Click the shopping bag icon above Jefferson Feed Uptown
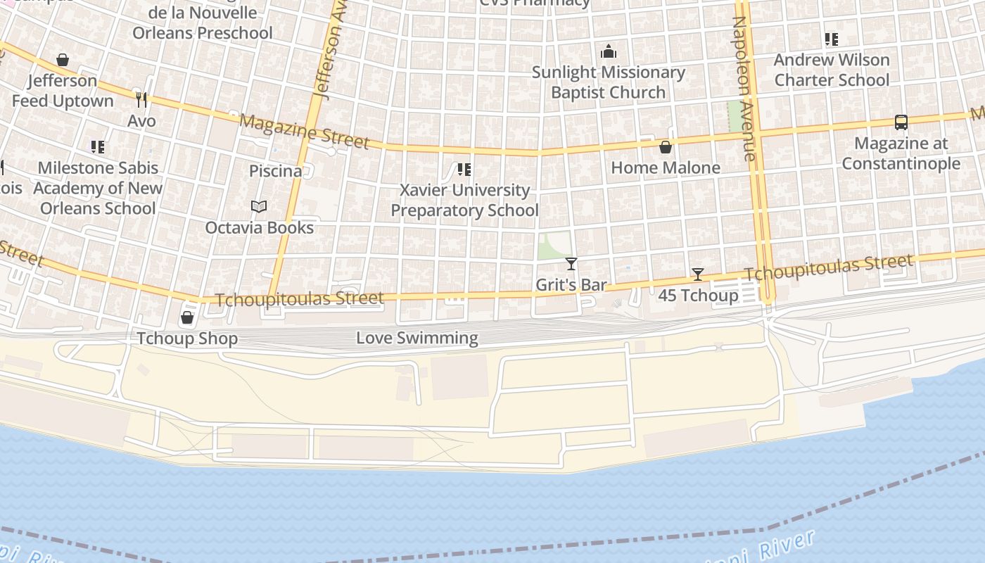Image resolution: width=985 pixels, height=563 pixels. (63, 60)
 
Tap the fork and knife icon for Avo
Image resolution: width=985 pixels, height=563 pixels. (141, 100)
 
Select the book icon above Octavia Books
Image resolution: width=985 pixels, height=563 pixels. (259, 207)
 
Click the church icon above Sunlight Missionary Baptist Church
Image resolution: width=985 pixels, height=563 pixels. (609, 51)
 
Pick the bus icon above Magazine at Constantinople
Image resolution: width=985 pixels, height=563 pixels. (901, 122)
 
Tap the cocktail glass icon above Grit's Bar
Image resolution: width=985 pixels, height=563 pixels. (571, 264)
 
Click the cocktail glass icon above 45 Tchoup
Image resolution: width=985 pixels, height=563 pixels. (697, 274)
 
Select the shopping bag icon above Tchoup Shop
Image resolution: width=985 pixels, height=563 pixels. (187, 317)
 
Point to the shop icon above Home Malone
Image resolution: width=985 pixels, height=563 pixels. (665, 146)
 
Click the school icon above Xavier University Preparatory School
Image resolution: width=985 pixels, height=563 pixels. (464, 170)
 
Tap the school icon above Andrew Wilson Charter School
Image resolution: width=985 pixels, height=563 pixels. (832, 39)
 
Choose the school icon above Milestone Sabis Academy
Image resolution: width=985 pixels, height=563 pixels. (98, 147)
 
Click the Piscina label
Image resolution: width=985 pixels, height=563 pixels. (275, 171)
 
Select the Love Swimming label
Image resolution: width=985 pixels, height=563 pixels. (417, 338)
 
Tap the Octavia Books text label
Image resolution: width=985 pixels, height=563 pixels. (259, 227)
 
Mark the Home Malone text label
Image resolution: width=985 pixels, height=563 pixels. (665, 167)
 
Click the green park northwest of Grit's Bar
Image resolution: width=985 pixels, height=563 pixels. (554, 245)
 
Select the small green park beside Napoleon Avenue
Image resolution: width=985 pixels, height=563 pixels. (736, 115)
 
